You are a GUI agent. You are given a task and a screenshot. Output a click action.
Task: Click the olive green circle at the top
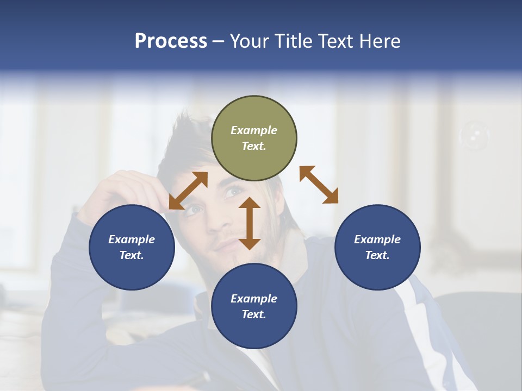(254, 138)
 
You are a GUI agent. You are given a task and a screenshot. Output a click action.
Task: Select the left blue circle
(132, 247)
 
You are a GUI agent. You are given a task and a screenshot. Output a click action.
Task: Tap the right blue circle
(377, 247)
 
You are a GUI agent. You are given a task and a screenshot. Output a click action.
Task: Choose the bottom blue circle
(254, 306)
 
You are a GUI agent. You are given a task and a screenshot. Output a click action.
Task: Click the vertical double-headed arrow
(250, 223)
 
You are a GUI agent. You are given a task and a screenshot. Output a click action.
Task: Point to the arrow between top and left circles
(188, 191)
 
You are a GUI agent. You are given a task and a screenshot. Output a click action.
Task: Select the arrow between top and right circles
(319, 185)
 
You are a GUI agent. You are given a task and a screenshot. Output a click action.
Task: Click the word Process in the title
(171, 41)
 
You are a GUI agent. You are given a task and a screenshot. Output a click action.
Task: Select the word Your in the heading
(248, 41)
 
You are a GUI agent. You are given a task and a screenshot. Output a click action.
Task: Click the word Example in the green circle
(254, 130)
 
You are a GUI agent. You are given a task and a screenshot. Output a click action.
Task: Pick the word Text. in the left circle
(132, 255)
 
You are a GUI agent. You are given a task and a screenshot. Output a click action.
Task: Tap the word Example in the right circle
(377, 239)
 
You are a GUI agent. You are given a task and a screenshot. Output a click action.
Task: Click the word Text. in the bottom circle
(254, 314)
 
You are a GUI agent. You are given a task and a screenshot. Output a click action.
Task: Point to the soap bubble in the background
(474, 136)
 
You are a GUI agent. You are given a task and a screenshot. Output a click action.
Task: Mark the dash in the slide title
(218, 41)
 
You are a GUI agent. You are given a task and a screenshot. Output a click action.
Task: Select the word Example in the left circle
(132, 239)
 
